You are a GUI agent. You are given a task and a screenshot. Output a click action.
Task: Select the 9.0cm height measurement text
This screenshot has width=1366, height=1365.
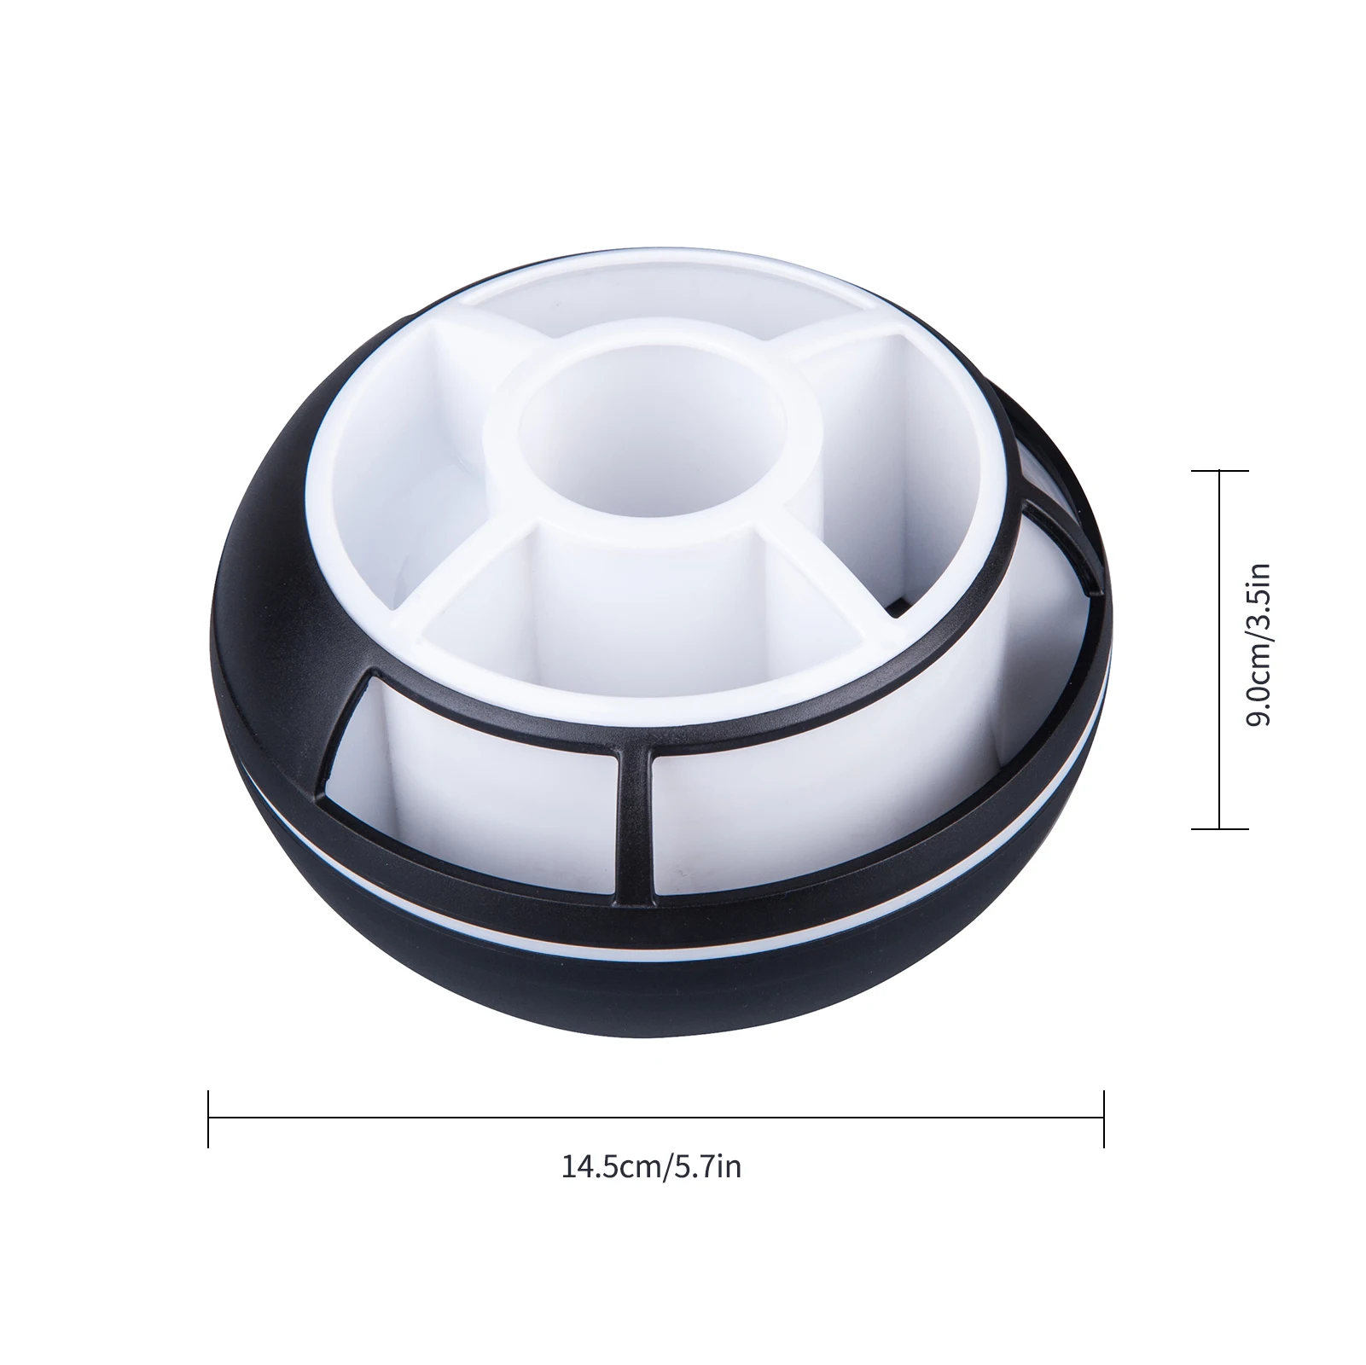coord(1258,681)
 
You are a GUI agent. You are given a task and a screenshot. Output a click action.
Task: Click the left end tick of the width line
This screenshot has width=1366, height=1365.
coord(208,1118)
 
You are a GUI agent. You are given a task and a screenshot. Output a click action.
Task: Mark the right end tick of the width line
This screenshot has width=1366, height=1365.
coord(1103,1118)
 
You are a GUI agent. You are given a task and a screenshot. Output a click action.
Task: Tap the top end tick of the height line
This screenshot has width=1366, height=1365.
coord(1219,471)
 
